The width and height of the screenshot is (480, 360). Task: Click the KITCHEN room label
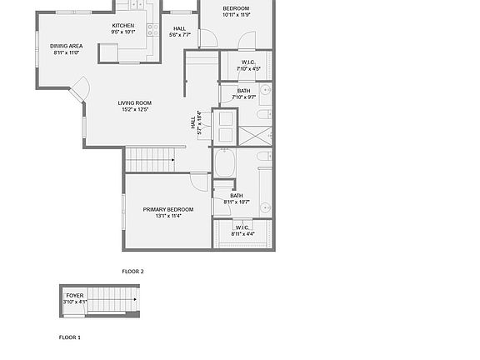(x=123, y=26)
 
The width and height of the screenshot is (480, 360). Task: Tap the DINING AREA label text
(x=66, y=46)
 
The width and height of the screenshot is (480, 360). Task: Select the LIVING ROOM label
(x=134, y=103)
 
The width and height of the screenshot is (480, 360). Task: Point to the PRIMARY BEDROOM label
(x=167, y=209)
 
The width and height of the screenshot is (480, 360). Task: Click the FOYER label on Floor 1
(x=75, y=295)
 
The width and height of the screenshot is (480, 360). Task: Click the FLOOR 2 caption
(x=132, y=272)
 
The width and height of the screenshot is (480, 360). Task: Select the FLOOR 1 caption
(x=69, y=337)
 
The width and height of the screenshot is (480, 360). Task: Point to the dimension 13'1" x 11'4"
(x=167, y=216)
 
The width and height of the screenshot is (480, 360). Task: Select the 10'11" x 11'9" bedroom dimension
(x=236, y=15)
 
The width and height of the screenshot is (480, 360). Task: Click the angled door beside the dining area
(x=81, y=88)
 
